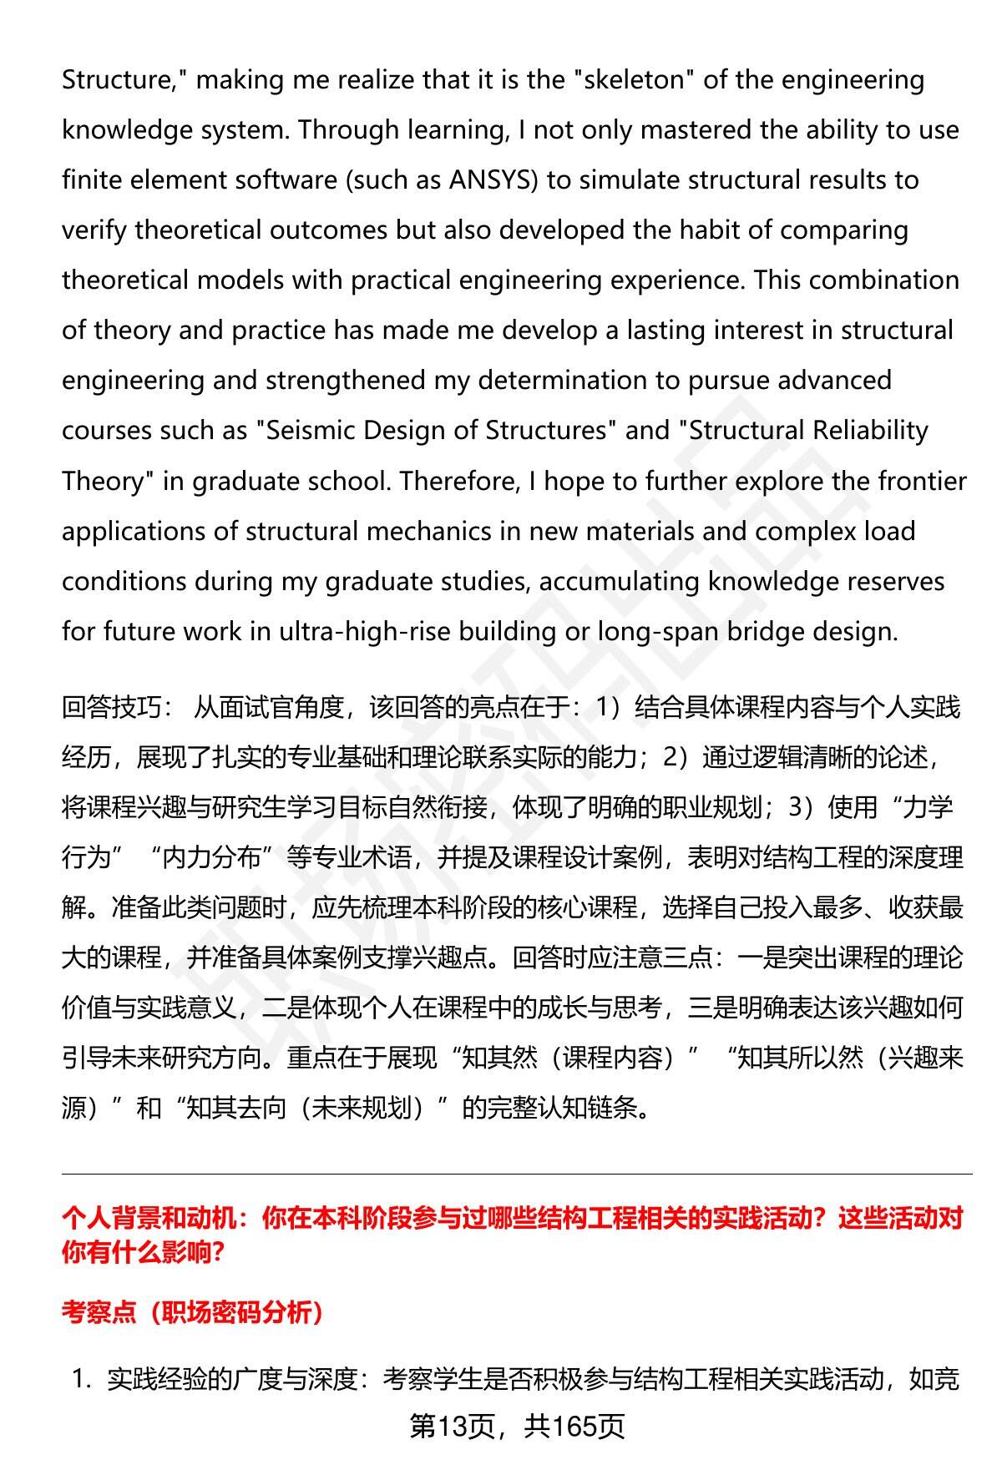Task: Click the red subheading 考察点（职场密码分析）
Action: (192, 1313)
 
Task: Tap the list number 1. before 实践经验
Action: (81, 1380)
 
